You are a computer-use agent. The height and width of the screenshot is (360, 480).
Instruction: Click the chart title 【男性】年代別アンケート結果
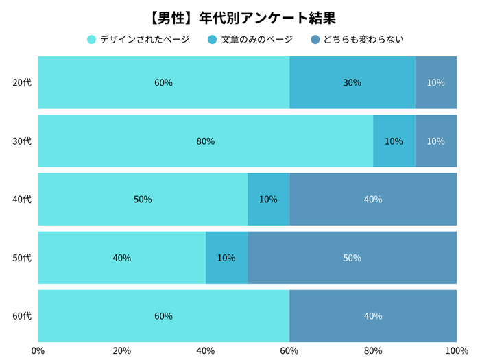[x=240, y=16]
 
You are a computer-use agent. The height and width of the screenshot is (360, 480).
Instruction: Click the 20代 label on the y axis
[x=22, y=83]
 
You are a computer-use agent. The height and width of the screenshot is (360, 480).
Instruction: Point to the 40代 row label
[x=22, y=200]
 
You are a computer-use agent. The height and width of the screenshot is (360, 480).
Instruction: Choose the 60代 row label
[x=22, y=316]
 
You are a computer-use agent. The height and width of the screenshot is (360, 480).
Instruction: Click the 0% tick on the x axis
[x=38, y=350]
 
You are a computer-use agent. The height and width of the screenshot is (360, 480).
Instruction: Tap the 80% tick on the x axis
[x=373, y=350]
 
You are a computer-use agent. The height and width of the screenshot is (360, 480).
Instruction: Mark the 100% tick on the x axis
[x=456, y=350]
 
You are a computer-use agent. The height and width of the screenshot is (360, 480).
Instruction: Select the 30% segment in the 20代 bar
[x=352, y=83]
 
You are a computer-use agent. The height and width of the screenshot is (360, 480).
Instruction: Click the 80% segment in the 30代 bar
[x=206, y=141]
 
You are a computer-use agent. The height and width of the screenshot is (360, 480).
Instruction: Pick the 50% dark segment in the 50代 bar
[x=352, y=258]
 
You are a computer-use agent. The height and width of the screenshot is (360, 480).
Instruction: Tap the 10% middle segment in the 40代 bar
[x=268, y=200]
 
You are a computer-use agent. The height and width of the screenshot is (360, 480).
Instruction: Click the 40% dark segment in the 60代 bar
[x=373, y=316]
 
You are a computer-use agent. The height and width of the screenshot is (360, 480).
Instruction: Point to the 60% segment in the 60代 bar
[x=163, y=316]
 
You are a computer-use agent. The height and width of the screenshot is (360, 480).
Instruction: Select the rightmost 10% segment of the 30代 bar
[x=435, y=141]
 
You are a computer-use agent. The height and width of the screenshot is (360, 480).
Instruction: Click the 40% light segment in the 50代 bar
[x=122, y=258]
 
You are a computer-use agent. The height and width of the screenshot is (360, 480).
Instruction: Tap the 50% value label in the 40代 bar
[x=143, y=200]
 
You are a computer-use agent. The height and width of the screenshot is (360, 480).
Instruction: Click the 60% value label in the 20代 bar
[x=163, y=83]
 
